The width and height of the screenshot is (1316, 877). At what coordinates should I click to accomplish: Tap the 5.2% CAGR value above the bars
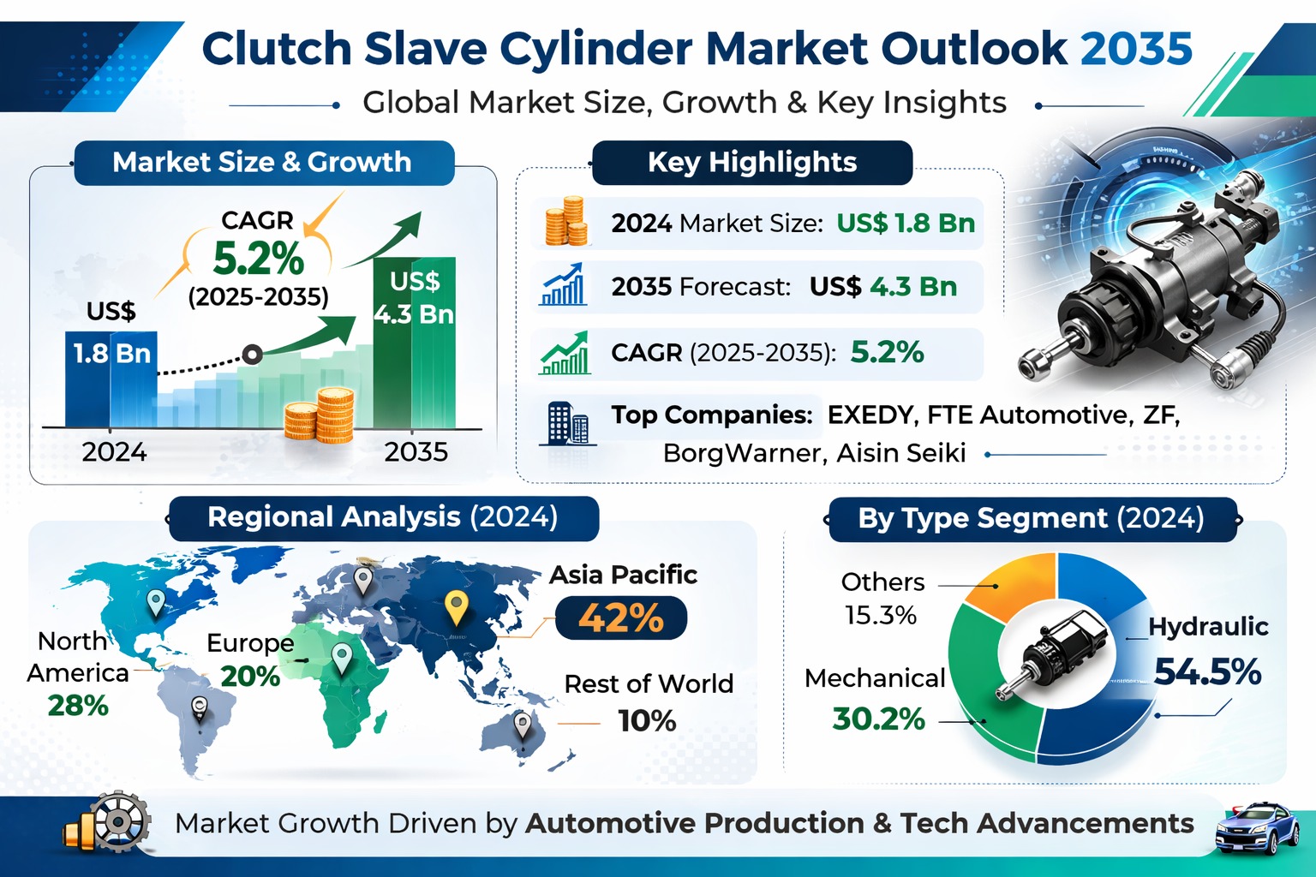(x=258, y=258)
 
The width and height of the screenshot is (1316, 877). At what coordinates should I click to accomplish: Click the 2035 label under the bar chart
(x=416, y=451)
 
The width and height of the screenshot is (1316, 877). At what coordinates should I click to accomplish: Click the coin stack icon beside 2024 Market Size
(x=565, y=222)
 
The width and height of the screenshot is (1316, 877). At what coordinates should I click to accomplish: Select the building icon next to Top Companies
(x=568, y=423)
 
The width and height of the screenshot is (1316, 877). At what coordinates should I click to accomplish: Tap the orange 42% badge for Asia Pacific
(x=620, y=618)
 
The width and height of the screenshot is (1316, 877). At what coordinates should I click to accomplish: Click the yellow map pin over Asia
(x=457, y=606)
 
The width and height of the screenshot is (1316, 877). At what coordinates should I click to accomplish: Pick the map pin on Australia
(x=522, y=726)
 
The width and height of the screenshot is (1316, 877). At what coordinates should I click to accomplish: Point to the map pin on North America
(x=155, y=602)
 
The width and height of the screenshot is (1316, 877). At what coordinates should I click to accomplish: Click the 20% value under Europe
(x=250, y=677)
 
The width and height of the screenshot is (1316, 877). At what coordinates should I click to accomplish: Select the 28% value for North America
(x=78, y=706)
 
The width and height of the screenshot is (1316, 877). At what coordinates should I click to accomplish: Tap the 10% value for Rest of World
(x=647, y=721)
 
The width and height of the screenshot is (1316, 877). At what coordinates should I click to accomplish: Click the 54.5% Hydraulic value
(x=1207, y=672)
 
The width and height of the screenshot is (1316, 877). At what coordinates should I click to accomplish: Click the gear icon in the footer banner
(x=118, y=821)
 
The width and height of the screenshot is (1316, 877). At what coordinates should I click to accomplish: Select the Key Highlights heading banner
(x=751, y=162)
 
